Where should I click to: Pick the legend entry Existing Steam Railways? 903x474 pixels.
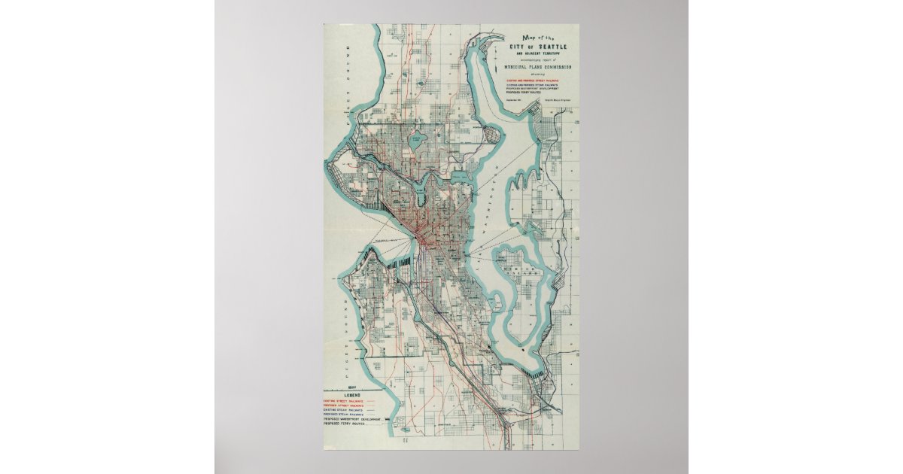click(x=343, y=411)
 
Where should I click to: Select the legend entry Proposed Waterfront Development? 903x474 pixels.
click(x=351, y=420)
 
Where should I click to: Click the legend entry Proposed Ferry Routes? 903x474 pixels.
click(x=342, y=424)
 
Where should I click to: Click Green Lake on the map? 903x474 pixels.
click(x=415, y=141)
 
